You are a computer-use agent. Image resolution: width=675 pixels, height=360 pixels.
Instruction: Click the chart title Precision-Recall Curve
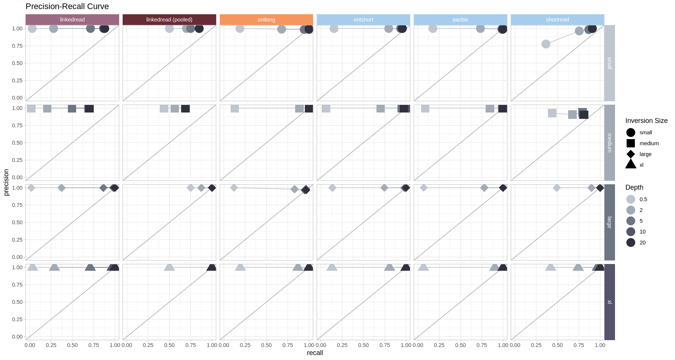(x=67, y=6)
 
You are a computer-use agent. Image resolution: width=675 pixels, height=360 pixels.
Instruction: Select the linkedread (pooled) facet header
(x=169, y=19)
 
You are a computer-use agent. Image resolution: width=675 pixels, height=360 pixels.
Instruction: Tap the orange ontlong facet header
(x=266, y=19)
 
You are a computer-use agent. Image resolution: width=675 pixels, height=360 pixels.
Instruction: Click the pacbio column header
(x=460, y=19)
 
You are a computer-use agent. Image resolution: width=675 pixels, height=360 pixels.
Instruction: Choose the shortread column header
(x=557, y=19)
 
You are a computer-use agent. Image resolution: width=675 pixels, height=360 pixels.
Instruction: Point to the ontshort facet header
(x=363, y=19)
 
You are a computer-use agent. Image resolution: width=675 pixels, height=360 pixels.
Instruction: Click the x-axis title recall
(x=315, y=353)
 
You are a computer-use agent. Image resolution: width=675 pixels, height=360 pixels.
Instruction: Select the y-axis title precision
(x=6, y=182)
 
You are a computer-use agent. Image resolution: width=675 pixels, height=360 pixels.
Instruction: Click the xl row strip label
(x=609, y=302)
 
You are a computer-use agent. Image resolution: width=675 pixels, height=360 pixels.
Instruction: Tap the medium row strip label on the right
(x=609, y=142)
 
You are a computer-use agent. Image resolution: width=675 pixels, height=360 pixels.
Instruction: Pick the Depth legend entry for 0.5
(x=631, y=199)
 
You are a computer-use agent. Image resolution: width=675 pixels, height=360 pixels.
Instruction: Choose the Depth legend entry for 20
(x=631, y=243)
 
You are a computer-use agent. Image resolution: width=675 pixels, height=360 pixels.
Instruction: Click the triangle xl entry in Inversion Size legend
(x=631, y=164)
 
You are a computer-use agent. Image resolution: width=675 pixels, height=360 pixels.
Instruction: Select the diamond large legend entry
(x=631, y=154)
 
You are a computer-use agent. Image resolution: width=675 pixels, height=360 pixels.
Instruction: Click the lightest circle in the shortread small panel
(x=546, y=44)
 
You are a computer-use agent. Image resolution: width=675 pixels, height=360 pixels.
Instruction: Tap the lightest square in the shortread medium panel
(x=552, y=113)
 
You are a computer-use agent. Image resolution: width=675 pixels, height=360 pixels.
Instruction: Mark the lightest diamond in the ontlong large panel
(x=234, y=187)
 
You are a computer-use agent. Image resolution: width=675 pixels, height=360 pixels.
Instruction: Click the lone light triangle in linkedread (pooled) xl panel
(x=169, y=267)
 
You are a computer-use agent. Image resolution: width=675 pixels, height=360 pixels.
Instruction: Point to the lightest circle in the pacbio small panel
(x=433, y=28)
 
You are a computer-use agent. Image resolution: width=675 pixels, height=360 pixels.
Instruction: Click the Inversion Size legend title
(x=646, y=121)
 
